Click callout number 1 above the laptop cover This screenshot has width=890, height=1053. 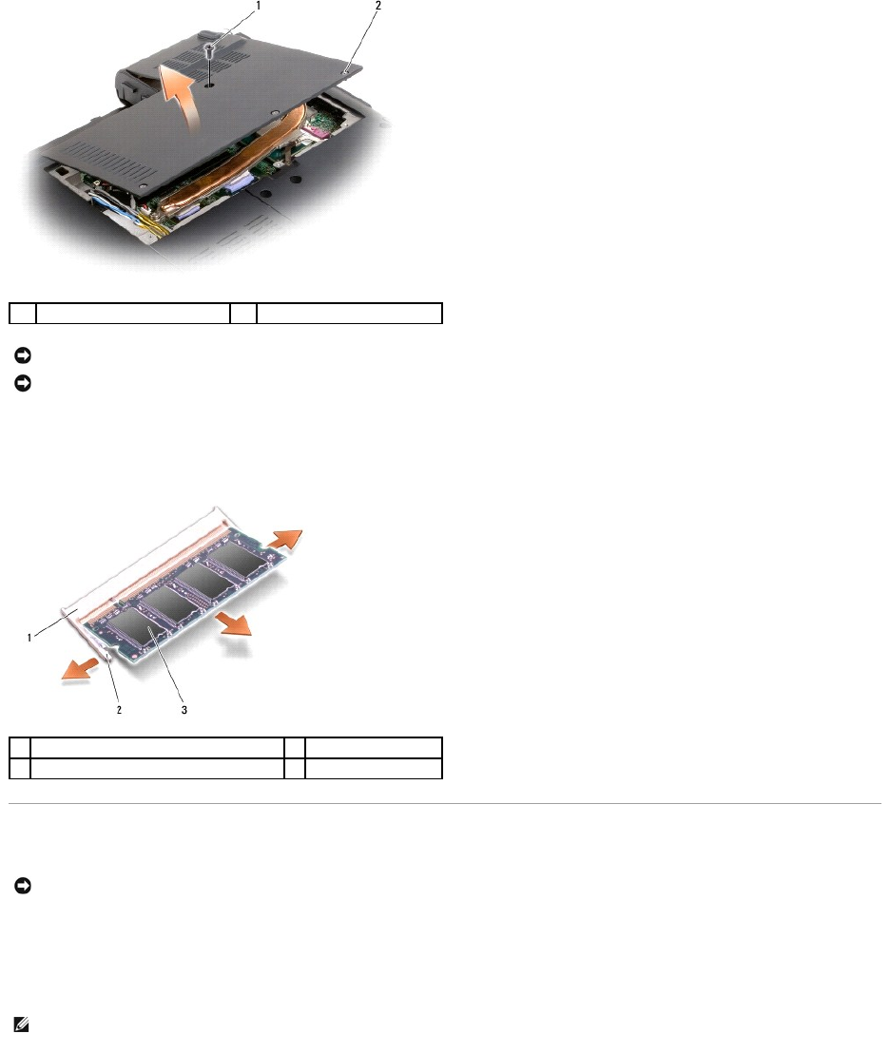[x=259, y=6]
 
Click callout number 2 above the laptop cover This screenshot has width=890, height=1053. [x=378, y=6]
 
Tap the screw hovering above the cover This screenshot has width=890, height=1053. [x=210, y=49]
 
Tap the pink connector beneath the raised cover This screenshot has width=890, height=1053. [x=316, y=129]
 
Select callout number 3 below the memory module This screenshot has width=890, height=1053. [x=184, y=710]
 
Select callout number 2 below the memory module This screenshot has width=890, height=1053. [x=119, y=710]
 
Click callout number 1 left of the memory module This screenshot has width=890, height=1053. [x=29, y=638]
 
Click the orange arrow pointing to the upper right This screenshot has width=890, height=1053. [x=285, y=539]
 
